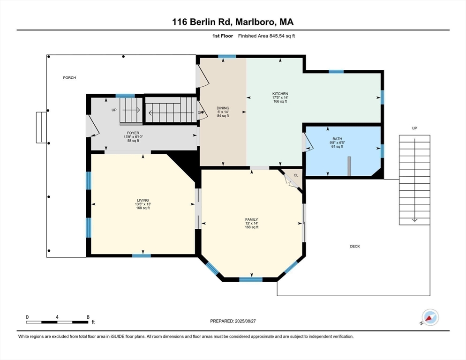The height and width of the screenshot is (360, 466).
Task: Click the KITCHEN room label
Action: click(x=280, y=94)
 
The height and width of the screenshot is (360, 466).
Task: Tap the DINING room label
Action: click(x=223, y=108)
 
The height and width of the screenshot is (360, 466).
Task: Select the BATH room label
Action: click(x=338, y=139)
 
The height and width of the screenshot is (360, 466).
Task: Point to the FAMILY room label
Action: click(x=251, y=219)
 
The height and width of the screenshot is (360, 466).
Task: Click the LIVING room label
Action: click(x=143, y=200)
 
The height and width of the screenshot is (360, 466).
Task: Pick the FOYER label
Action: click(x=133, y=133)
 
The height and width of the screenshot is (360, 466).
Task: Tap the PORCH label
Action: click(x=69, y=78)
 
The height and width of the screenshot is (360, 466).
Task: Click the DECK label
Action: click(x=355, y=246)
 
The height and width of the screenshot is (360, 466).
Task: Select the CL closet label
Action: click(x=296, y=175)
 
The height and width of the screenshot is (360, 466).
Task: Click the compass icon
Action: click(x=430, y=317)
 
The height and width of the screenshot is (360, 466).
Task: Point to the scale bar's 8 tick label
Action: click(x=88, y=317)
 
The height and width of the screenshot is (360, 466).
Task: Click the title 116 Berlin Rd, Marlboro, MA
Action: click(x=233, y=22)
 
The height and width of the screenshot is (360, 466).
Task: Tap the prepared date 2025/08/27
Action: click(x=246, y=321)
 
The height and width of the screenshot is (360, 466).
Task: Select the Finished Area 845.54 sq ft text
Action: click(x=266, y=36)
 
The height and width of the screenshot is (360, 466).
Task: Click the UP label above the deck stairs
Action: click(x=414, y=128)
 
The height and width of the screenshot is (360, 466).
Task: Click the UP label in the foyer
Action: click(x=114, y=110)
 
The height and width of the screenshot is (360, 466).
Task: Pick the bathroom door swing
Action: click(x=307, y=142)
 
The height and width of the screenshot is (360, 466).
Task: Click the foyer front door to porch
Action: click(x=92, y=126)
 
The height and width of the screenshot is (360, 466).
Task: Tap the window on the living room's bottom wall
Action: click(x=142, y=255)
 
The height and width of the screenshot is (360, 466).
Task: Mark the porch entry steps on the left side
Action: click(x=41, y=127)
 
